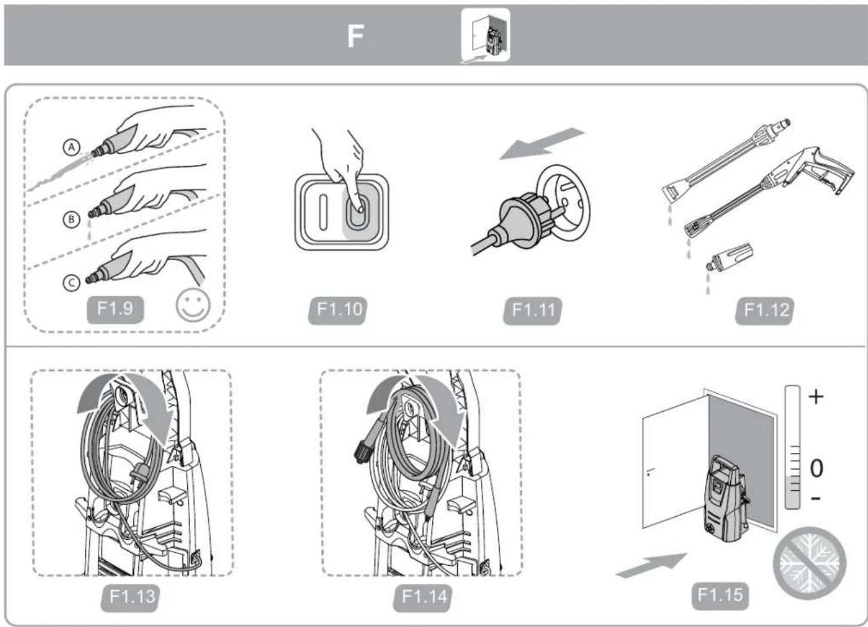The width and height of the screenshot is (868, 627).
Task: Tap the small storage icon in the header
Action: (x=486, y=35)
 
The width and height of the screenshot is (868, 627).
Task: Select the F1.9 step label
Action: (x=115, y=308)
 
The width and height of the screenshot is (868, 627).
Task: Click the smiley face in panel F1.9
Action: (x=193, y=305)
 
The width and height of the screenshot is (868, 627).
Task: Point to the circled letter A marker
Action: (x=71, y=148)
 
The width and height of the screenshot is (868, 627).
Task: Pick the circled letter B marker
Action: (x=71, y=219)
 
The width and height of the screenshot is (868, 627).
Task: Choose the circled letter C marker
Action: (x=71, y=282)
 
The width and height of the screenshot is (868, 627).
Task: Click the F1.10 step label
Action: (x=339, y=309)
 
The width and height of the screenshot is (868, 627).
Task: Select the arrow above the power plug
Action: (x=542, y=143)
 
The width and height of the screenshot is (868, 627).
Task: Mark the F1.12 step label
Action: (x=766, y=310)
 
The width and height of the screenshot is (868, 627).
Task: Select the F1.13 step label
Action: (x=132, y=596)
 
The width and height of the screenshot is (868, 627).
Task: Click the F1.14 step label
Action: (x=424, y=596)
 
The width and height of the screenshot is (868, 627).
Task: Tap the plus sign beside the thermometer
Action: (x=816, y=396)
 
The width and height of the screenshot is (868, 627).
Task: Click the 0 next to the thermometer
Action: (x=816, y=468)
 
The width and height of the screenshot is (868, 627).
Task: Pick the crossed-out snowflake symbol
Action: (x=810, y=563)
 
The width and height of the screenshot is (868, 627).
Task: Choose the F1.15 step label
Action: (x=720, y=594)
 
